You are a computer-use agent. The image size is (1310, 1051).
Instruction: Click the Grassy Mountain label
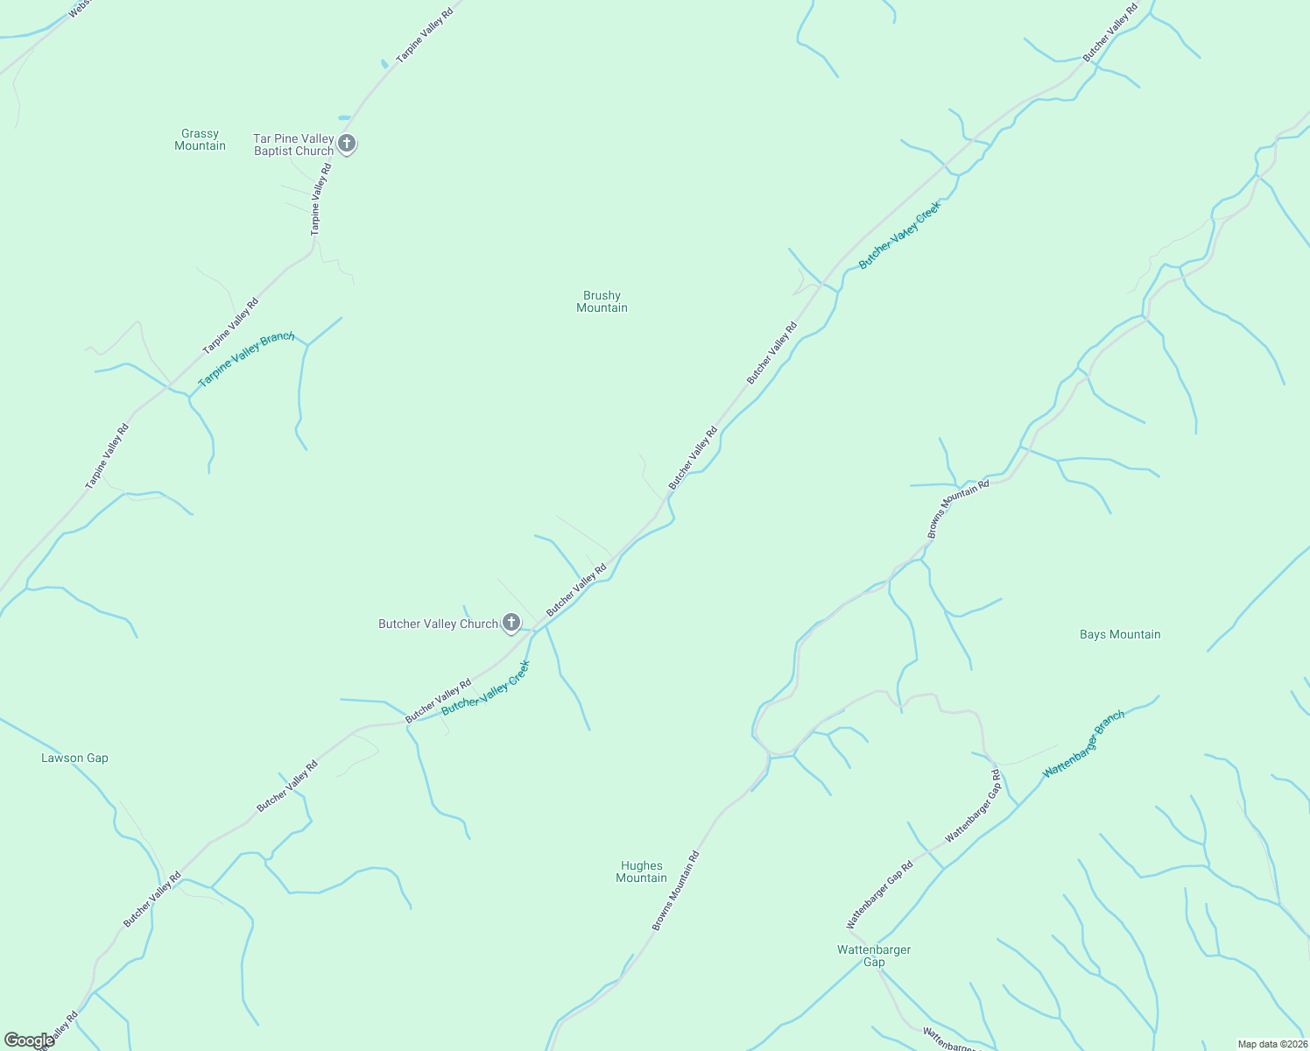coord(200,140)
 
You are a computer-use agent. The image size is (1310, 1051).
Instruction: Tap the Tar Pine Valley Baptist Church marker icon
coord(347,144)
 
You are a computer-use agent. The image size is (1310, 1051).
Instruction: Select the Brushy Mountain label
coord(602,302)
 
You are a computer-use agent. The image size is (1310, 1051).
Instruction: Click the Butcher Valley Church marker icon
coord(511,623)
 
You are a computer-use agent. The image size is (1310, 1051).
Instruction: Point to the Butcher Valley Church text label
coord(438,624)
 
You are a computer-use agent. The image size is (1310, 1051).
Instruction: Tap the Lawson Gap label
coord(74,758)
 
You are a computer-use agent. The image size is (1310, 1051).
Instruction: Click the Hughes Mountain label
coord(641,872)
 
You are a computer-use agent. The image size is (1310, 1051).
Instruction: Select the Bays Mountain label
coord(1120,635)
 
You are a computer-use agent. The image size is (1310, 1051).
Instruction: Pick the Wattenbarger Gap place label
coord(874,956)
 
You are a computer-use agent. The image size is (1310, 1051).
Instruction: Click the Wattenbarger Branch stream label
coord(1083,744)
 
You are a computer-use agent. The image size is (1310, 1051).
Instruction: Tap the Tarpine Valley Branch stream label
coord(246,360)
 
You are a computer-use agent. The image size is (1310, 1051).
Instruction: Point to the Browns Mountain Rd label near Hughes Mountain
coord(676,891)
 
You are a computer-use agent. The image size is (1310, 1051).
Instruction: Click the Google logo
coord(28,1040)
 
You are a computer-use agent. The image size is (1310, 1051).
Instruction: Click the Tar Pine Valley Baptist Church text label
coord(293,145)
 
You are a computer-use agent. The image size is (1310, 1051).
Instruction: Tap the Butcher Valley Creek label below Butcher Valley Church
coord(486,688)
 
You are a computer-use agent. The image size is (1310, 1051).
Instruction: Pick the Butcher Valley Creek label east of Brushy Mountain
coord(899,235)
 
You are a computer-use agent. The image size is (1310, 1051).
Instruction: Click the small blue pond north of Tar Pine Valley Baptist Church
coord(344,117)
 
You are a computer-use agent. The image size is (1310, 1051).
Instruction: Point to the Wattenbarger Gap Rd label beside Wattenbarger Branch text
coord(973,806)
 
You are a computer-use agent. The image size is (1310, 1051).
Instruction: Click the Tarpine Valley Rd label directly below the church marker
coord(320,199)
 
